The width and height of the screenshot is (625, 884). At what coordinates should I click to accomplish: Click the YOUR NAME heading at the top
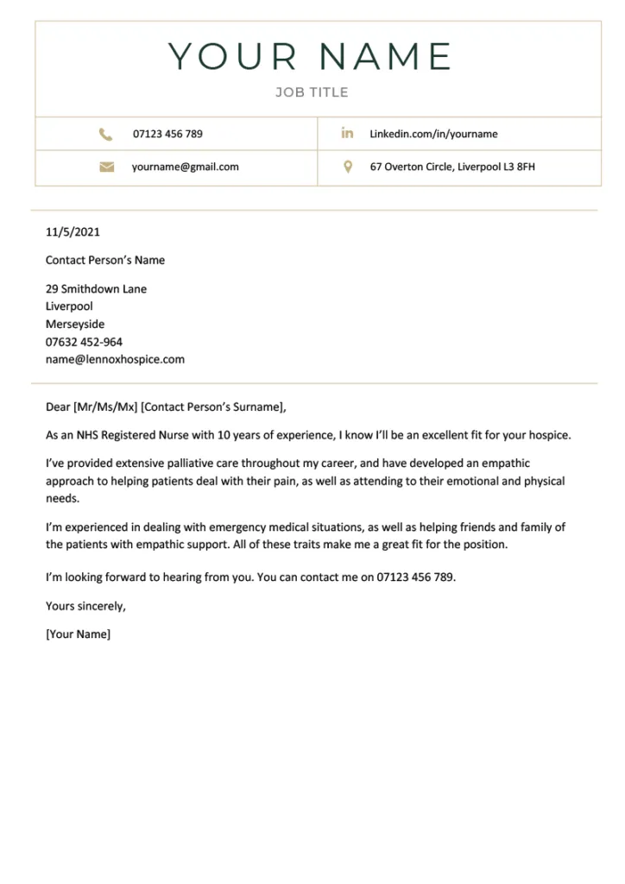(x=311, y=57)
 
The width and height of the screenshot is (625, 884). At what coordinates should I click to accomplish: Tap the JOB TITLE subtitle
(x=312, y=92)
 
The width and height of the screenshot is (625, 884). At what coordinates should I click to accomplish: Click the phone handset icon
(x=106, y=134)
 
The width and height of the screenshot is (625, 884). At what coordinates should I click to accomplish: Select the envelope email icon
(x=106, y=167)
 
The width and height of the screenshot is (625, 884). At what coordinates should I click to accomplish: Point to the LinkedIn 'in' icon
(x=347, y=133)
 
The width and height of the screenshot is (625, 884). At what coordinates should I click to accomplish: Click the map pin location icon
(x=348, y=167)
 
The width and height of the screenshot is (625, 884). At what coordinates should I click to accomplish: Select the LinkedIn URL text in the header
(x=433, y=134)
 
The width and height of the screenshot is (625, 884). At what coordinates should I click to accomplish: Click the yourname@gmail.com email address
(x=185, y=167)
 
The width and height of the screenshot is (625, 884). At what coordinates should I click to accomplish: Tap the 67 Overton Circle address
(x=452, y=167)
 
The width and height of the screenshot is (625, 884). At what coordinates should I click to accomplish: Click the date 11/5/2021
(x=73, y=231)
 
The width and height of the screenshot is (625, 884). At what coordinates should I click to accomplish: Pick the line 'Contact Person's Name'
(x=105, y=260)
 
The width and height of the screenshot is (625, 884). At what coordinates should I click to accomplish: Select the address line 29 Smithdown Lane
(x=96, y=289)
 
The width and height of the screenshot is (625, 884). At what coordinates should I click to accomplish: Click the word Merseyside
(x=75, y=325)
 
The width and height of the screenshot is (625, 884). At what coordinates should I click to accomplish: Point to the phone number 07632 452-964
(x=84, y=342)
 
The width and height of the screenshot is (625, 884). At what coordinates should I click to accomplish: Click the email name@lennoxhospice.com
(x=115, y=359)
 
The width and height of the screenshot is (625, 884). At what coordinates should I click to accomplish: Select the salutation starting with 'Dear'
(x=165, y=407)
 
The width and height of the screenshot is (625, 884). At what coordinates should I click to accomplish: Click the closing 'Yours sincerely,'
(x=85, y=606)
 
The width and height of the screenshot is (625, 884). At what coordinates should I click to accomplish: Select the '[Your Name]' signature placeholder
(x=78, y=635)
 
